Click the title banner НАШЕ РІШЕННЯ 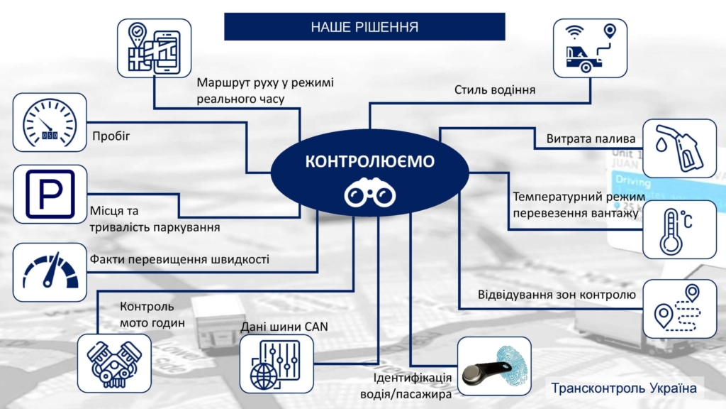point(364,27)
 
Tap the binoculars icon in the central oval point(369,194)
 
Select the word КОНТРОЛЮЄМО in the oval point(369,162)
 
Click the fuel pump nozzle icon point(678,147)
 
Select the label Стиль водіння point(494,90)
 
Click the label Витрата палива point(591,138)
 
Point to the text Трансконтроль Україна point(624,388)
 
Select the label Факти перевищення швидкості point(179,259)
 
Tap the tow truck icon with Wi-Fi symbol point(590,48)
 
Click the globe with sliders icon point(275,362)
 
